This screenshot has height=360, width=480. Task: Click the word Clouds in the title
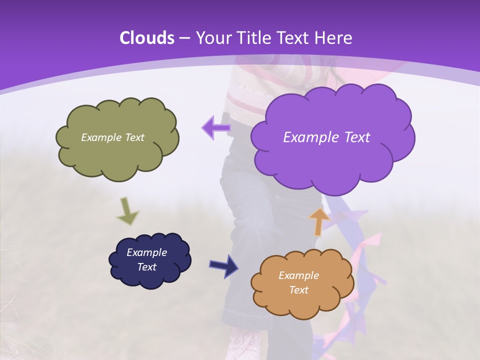click(x=147, y=38)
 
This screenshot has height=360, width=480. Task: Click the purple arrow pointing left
click(x=216, y=128)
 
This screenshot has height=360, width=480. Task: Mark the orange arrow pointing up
click(x=319, y=221)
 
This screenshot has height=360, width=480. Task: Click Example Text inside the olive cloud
click(x=112, y=137)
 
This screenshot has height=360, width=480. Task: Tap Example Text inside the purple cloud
click(x=326, y=137)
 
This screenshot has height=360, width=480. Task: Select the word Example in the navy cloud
click(x=146, y=252)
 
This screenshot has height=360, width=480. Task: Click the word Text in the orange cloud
click(x=298, y=290)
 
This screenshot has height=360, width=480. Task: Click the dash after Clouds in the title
click(x=184, y=38)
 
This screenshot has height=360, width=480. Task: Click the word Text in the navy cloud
click(x=146, y=267)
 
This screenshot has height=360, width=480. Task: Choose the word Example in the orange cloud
click(x=298, y=275)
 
